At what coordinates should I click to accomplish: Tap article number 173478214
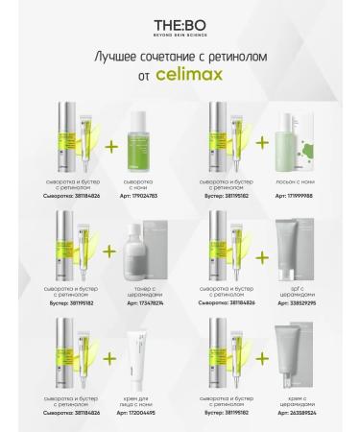point(136,300)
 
